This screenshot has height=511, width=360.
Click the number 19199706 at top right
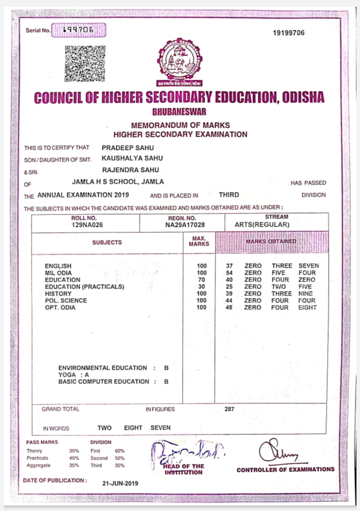tap(289, 33)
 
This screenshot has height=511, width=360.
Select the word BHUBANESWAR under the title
tap(180, 112)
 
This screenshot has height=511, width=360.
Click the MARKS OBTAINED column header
tap(271, 242)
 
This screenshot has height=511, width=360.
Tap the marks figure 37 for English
tap(229, 266)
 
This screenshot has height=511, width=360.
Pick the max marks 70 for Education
tap(202, 280)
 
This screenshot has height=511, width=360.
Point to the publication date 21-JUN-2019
tap(120, 483)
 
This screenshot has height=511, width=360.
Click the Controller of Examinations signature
tap(277, 454)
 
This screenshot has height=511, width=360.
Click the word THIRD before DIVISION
tap(229, 195)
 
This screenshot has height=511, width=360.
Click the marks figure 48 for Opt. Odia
tap(229, 308)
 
